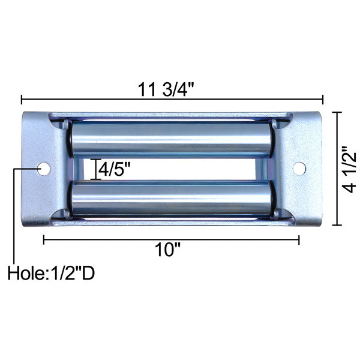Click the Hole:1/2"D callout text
(x=51, y=274)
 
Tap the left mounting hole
(x=43, y=169)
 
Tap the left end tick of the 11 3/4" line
(x=22, y=100)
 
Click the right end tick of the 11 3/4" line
(x=323, y=100)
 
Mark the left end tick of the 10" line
(x=44, y=240)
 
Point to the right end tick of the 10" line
(x=299, y=240)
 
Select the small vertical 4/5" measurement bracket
(x=94, y=169)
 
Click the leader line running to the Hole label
(x=13, y=216)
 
